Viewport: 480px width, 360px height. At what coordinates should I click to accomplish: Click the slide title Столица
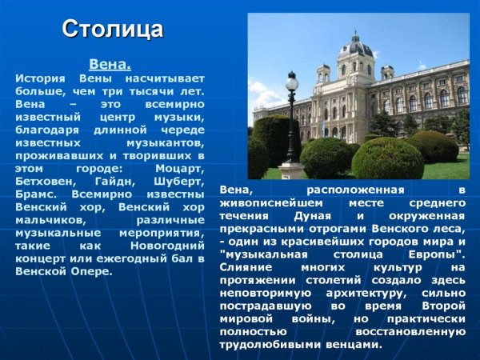pos(113,30)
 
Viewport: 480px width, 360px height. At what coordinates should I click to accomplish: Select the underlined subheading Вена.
pos(110,63)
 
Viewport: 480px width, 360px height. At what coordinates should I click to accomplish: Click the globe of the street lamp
pos(292,81)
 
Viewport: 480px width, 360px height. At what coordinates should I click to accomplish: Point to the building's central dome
pos(356,46)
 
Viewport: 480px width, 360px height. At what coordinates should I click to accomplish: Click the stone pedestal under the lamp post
pos(291,170)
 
